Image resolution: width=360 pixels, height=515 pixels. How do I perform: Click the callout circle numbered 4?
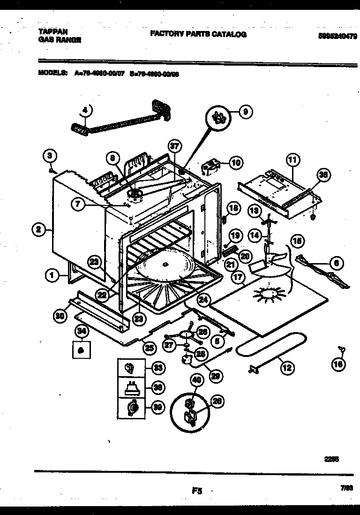click(x=85, y=110)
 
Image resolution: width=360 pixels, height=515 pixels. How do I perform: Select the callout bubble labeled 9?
click(x=245, y=112)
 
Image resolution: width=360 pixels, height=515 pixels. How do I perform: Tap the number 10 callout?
click(x=235, y=163)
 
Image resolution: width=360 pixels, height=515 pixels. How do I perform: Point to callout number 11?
click(x=292, y=160)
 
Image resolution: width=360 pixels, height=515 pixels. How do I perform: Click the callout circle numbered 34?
click(x=81, y=332)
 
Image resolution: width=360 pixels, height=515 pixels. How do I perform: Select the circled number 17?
click(x=238, y=277)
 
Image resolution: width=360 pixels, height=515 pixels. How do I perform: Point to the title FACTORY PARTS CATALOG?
click(x=198, y=34)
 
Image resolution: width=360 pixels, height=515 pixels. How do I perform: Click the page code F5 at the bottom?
click(x=196, y=491)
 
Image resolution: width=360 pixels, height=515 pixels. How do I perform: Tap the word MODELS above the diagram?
click(x=52, y=74)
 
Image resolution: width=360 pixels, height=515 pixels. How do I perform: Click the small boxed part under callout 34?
click(x=81, y=349)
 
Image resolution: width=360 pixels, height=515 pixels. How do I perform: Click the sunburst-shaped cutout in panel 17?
click(x=266, y=295)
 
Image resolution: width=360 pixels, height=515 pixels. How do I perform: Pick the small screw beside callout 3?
click(x=50, y=171)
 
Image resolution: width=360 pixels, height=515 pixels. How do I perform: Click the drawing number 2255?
click(x=332, y=460)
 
